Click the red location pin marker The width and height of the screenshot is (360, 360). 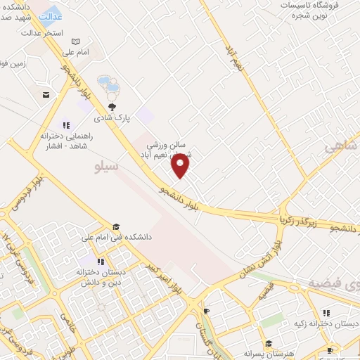181,166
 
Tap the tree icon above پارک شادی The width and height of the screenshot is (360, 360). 112,106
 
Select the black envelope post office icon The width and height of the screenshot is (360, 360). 46,94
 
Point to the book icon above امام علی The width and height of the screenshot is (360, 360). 76,42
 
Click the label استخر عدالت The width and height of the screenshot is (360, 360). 42,33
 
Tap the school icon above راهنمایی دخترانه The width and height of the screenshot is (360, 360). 67,124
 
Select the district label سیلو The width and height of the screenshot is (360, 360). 107,167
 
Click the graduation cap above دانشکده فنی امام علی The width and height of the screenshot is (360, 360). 115,226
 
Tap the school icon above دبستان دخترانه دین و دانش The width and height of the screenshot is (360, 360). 101,261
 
